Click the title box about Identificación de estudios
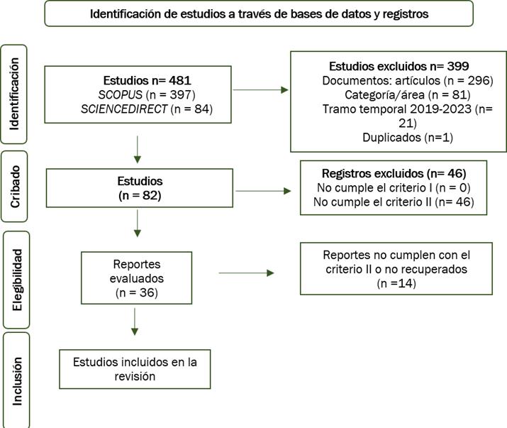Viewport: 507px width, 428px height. [259, 13]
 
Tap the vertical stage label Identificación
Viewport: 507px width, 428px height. [15, 94]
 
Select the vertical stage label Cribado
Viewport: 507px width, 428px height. [15, 187]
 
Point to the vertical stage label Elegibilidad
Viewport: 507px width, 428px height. [17, 280]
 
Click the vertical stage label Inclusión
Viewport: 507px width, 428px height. [17, 381]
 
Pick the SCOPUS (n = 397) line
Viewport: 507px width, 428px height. [147, 94]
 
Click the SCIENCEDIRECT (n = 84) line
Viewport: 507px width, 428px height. [147, 109]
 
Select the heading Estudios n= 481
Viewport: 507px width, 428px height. [147, 80]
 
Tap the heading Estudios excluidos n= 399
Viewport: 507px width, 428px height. [399, 66]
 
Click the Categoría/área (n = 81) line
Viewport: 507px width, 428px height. [408, 95]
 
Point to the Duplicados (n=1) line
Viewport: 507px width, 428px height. [408, 137]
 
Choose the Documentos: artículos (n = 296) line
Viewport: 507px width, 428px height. [408, 80]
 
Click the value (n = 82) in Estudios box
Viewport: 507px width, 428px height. [140, 195]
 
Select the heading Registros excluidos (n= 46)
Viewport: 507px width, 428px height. [394, 173]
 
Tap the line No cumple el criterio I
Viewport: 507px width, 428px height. [394, 188]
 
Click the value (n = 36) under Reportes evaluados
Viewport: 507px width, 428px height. [136, 292]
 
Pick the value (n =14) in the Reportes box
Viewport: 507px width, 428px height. [396, 283]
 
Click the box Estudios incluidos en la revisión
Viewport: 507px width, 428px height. [135, 369]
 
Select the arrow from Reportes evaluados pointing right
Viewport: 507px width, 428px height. [246, 273]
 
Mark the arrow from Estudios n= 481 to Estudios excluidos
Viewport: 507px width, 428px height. [260, 89]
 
